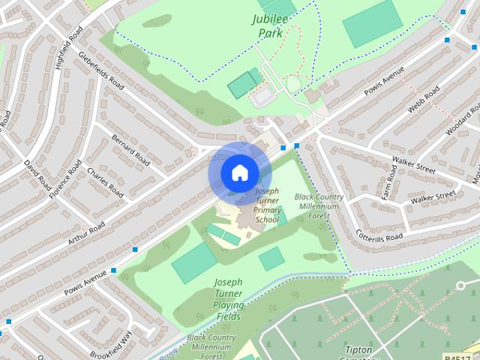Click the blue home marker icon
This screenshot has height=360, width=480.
click(239, 173)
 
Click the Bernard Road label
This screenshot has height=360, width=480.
click(130, 149)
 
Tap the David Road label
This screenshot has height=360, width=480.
click(35, 175)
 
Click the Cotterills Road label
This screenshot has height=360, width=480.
click(379, 235)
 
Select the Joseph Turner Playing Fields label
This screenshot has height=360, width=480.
click(227, 299)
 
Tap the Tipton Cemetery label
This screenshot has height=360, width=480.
click(349, 351)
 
